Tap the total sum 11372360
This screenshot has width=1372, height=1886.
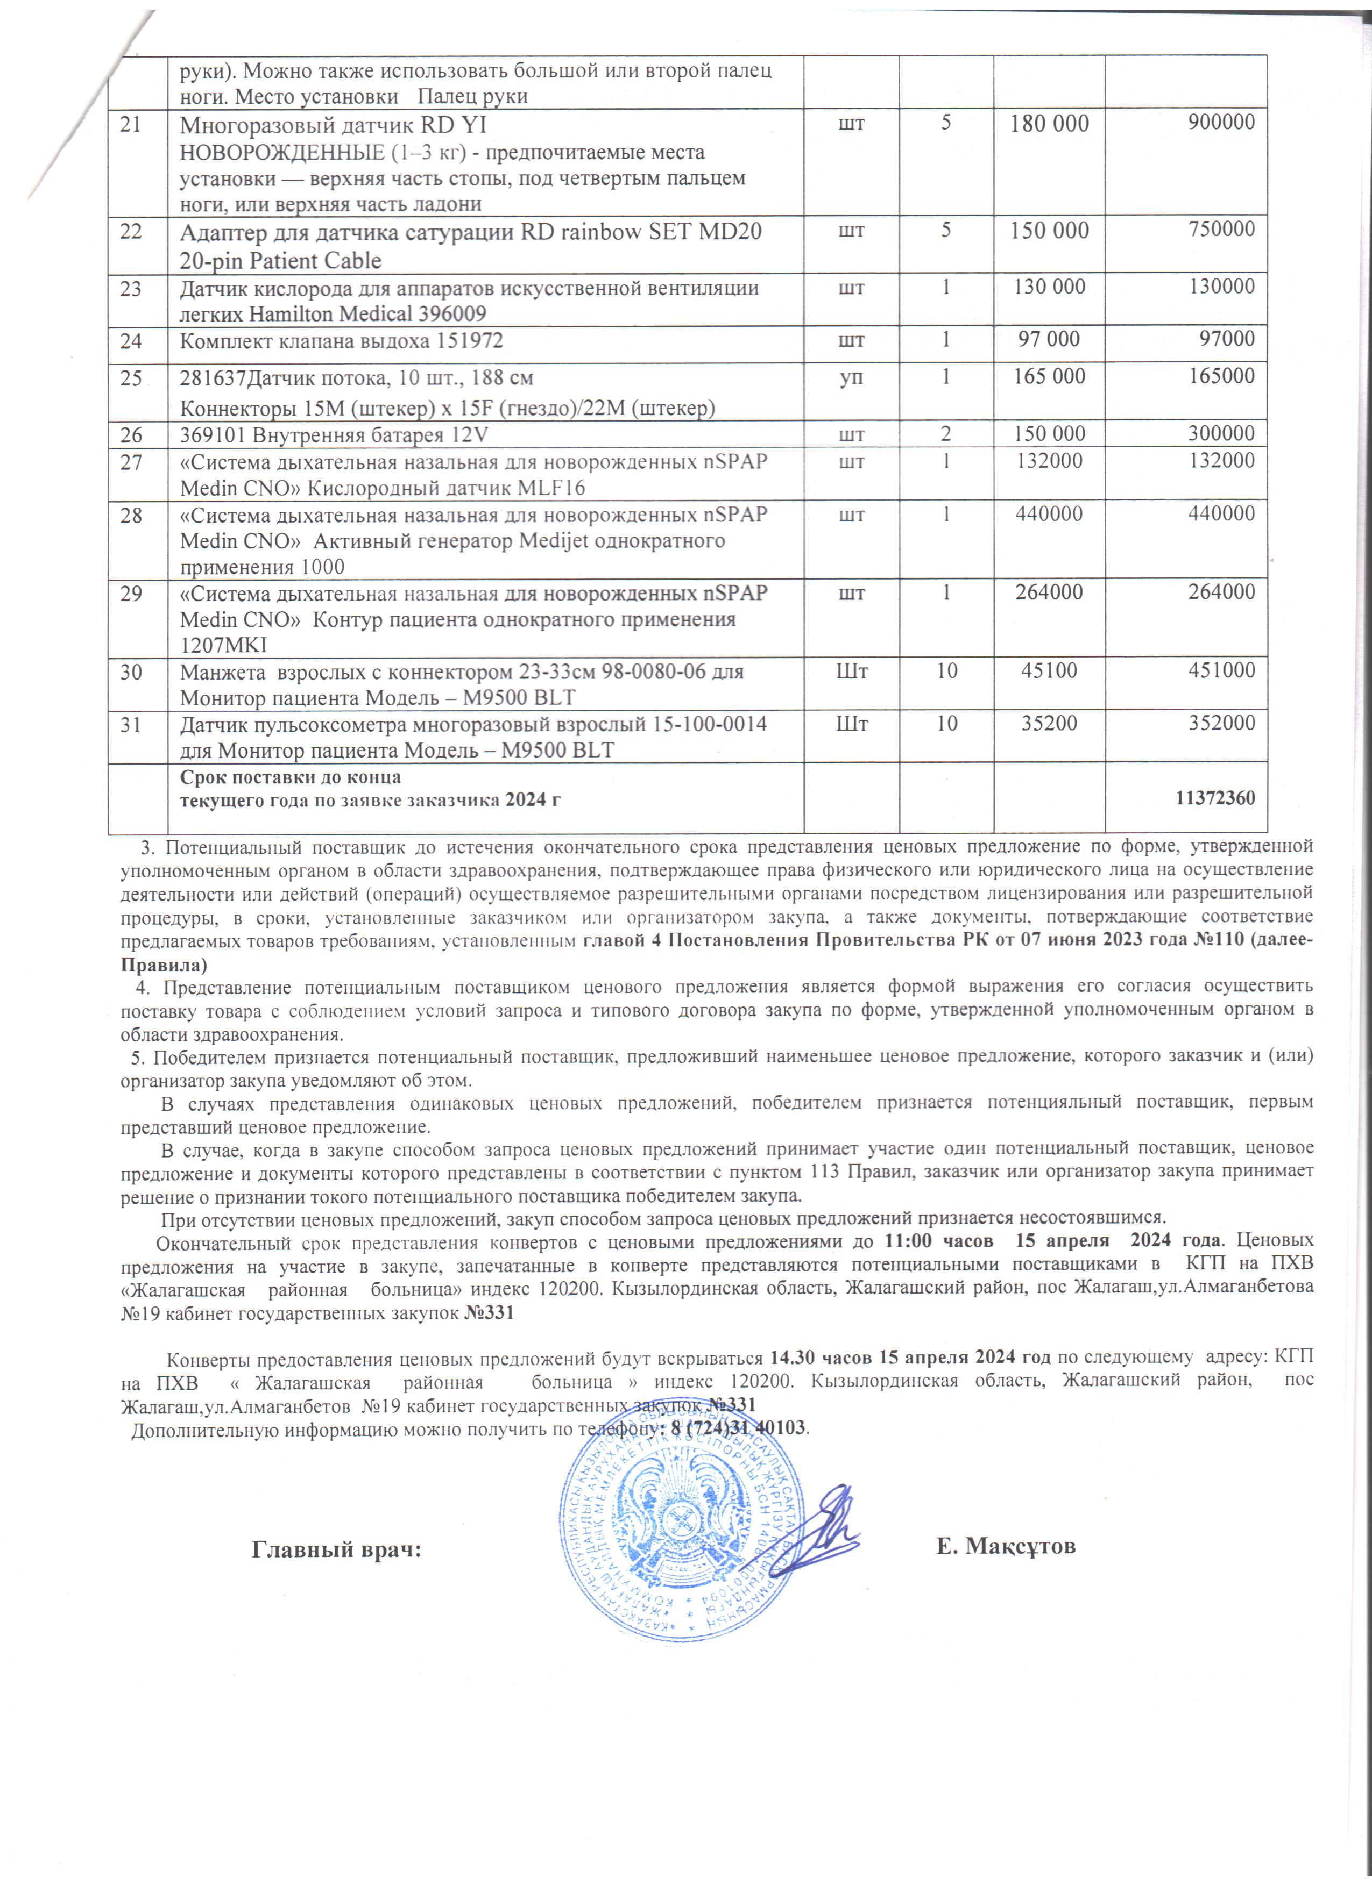1215,799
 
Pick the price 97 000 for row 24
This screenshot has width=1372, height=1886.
1049,339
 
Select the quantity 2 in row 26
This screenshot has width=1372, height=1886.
946,434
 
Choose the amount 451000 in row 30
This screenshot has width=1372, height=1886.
1221,670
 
